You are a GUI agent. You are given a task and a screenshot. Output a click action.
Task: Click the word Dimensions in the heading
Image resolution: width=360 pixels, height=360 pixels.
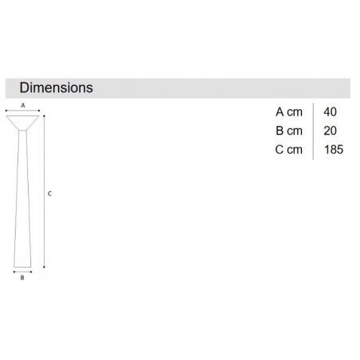coord(57,88)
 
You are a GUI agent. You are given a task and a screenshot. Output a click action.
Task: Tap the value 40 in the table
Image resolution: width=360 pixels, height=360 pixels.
coord(330,112)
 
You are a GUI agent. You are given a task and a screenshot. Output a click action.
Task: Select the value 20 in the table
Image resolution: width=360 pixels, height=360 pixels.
coord(330,131)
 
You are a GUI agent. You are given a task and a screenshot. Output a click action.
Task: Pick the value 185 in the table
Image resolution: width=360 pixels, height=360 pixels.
coord(334,150)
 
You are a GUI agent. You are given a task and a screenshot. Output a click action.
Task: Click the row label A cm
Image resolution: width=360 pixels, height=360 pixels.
coord(289,112)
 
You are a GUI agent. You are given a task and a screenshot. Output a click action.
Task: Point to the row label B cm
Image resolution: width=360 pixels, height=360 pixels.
coord(289,131)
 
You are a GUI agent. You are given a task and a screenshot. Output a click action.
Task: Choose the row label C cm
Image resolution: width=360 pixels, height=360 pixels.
coord(289,150)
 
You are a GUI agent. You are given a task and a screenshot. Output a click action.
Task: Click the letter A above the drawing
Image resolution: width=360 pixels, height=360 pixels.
coord(23,105)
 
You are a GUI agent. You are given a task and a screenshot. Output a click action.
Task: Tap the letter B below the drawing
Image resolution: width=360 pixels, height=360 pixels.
coord(22,278)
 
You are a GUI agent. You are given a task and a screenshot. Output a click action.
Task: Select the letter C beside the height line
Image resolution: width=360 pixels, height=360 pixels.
coord(49,194)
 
